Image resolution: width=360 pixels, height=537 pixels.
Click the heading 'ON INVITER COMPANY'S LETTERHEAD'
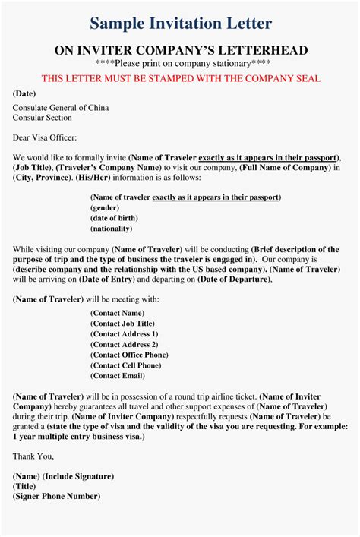point(180,50)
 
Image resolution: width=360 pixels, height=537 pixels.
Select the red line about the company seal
point(180,78)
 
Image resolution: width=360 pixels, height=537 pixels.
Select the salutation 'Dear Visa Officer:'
point(47,137)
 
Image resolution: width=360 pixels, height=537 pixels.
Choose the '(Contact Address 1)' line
point(125,333)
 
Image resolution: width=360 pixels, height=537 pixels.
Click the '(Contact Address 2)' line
point(125,344)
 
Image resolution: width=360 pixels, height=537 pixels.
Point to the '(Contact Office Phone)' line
point(129,355)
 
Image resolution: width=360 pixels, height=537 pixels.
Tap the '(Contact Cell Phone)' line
point(125,365)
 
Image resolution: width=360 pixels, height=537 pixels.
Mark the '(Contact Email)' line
point(117,375)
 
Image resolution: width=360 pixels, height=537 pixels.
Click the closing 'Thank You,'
point(33,456)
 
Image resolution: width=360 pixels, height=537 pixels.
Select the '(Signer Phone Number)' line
point(56,496)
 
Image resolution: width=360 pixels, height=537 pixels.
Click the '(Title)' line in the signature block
point(24,486)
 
